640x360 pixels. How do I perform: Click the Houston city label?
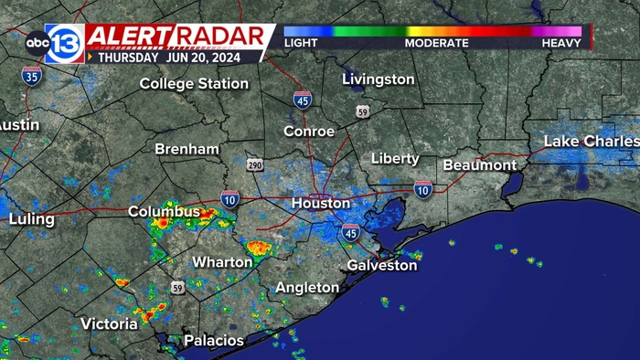(320, 204)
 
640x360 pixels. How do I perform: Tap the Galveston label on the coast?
(381, 266)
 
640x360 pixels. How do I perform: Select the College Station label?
(194, 84)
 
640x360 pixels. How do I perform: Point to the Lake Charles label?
(591, 142)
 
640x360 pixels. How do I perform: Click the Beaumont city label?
(479, 165)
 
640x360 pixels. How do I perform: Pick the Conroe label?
(309, 132)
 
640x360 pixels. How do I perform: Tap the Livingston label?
(378, 79)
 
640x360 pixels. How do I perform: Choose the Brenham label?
(187, 149)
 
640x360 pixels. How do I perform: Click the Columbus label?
(164, 212)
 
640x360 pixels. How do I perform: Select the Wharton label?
(222, 262)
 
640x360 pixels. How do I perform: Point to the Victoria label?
(109, 323)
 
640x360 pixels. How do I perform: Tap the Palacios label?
(214, 341)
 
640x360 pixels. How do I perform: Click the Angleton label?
(307, 288)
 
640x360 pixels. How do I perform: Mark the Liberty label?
(395, 159)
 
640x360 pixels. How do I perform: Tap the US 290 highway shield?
(255, 164)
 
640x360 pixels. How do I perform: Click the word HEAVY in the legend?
(560, 43)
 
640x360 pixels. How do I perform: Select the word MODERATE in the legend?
(437, 43)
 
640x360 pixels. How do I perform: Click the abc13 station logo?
(52, 43)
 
